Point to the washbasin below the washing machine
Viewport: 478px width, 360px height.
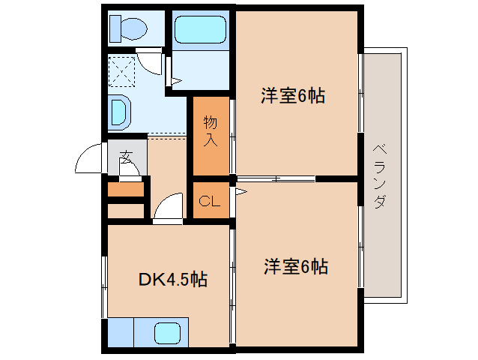tap(121, 112)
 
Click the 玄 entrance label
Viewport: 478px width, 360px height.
tap(125, 157)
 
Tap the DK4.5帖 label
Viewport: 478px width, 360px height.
tap(173, 280)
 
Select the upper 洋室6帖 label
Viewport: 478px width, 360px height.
tap(293, 96)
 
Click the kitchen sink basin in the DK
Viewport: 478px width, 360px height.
tap(169, 332)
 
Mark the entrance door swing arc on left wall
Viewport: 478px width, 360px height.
tap(88, 159)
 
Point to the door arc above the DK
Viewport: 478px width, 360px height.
tap(169, 207)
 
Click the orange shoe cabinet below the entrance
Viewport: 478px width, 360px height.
tap(125, 189)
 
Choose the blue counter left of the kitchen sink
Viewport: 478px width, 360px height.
tap(121, 332)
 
